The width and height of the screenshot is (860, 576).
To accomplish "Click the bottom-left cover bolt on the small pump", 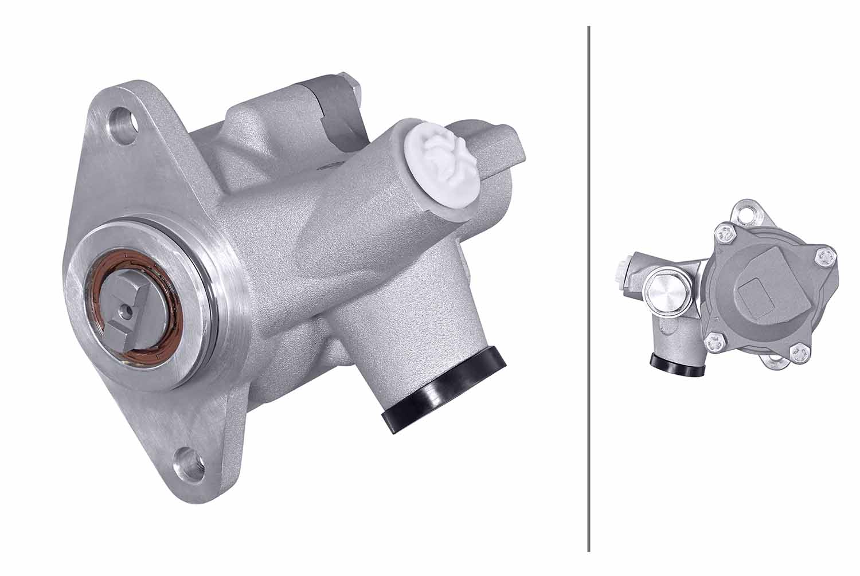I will coord(714,342).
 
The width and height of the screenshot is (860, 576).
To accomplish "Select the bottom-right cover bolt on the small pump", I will coord(798,352).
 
